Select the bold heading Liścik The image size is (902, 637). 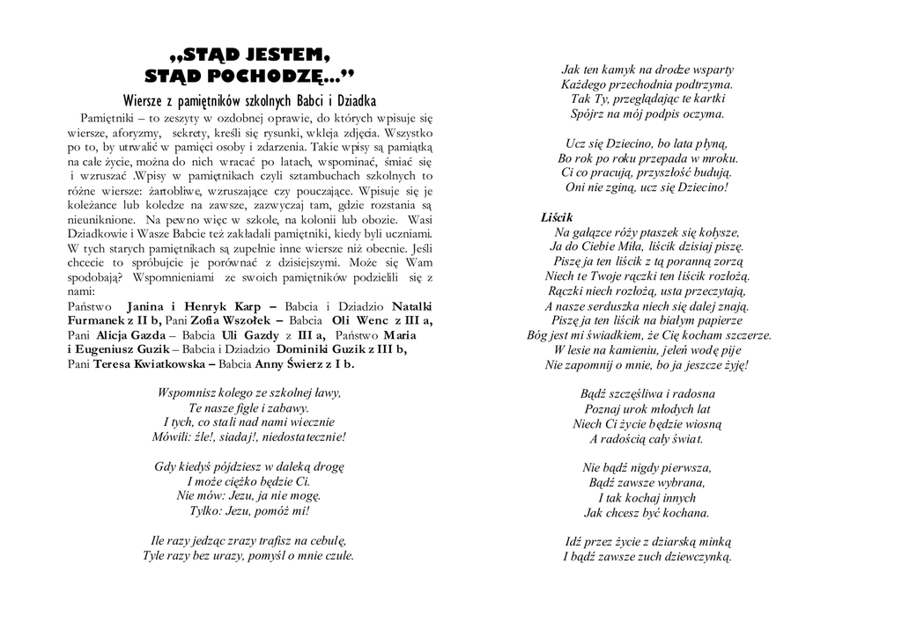557,216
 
